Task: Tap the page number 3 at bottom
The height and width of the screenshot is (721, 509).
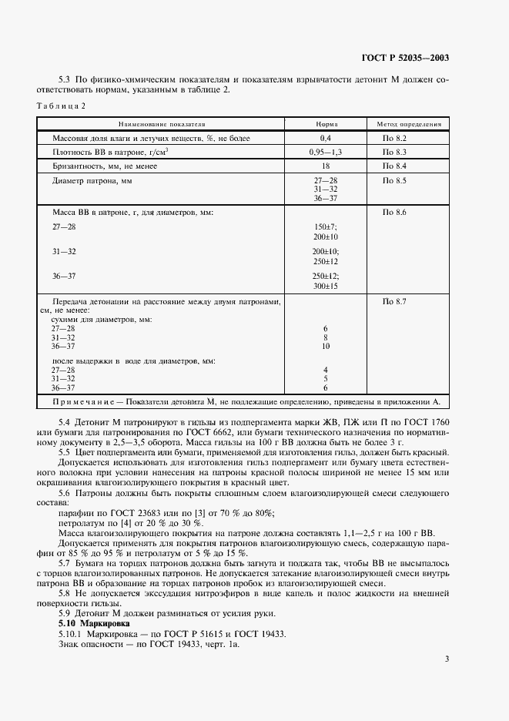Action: [x=447, y=658]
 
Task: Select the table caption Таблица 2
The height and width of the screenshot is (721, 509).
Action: [x=62, y=106]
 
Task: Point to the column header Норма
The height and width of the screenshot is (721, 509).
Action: [x=326, y=123]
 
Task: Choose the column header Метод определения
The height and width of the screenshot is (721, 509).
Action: [x=408, y=123]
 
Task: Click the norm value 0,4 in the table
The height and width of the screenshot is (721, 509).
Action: [x=326, y=138]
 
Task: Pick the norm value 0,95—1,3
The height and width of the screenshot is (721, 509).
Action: [x=326, y=153]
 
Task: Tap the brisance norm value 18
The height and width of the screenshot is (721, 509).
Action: [x=326, y=166]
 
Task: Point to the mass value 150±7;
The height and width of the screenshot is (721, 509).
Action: [x=326, y=227]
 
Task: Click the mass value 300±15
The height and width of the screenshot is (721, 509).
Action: [x=326, y=286]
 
